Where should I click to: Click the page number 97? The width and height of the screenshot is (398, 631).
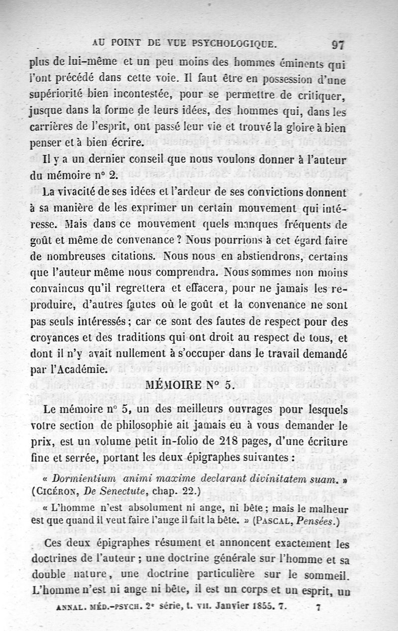[x=338, y=44]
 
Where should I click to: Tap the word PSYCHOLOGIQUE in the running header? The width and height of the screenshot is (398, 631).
[x=234, y=44]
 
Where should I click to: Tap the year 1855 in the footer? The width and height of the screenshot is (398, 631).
[x=265, y=608]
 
